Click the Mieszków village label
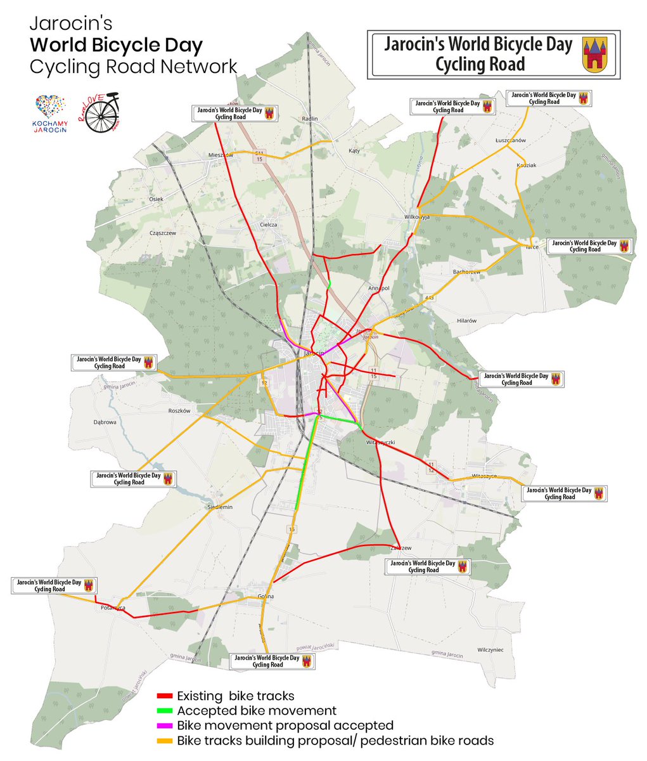pos(221,155)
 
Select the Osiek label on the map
pos(156,199)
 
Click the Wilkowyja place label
pos(417,217)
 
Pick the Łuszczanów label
pos(511,141)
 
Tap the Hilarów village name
pos(466,321)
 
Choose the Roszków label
pos(179,411)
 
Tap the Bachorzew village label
pos(466,272)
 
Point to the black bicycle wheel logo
pos(101,116)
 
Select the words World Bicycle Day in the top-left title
pos(117,46)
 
